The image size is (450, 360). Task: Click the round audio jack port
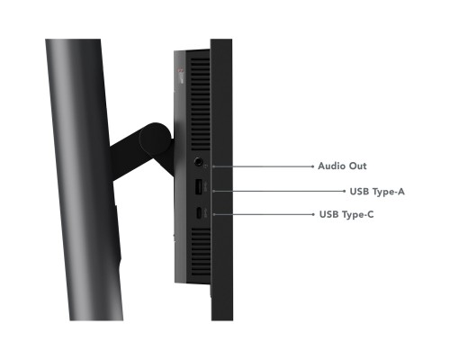[x=198, y=162]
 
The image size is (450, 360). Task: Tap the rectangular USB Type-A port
[x=199, y=187]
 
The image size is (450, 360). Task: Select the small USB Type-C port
[x=199, y=213]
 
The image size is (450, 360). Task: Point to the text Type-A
[x=388, y=192]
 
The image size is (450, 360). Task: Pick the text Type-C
[x=358, y=215]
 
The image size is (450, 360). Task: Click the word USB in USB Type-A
[x=359, y=192]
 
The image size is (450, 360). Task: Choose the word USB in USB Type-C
[x=328, y=214]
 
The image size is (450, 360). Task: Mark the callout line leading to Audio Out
[x=263, y=166]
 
